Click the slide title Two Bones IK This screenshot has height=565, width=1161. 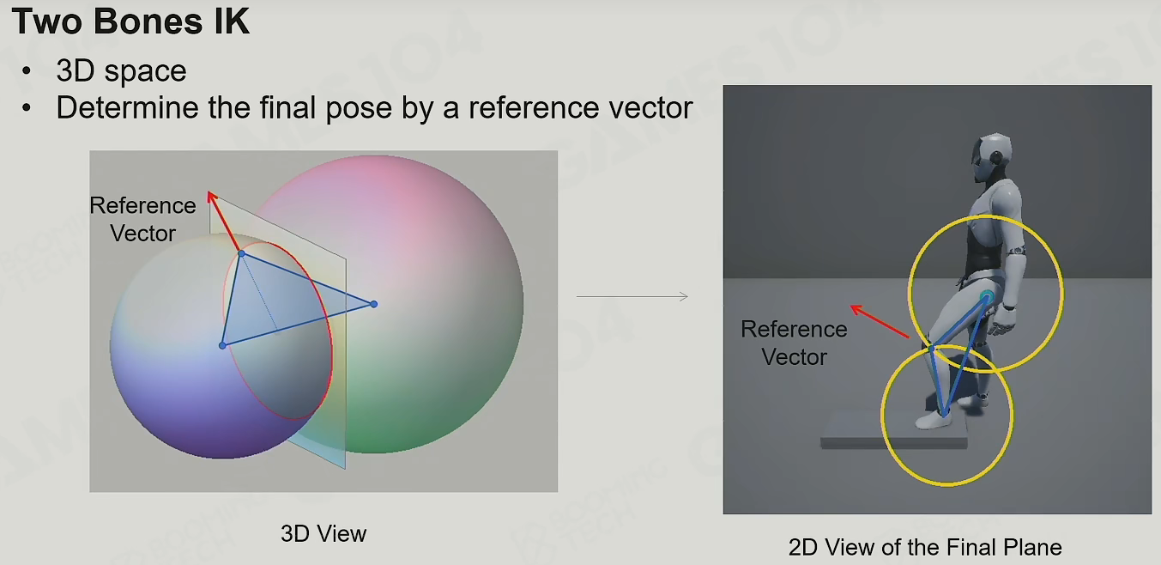tap(130, 21)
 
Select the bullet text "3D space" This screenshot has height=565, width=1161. tap(121, 70)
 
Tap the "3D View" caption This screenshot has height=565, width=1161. tap(324, 533)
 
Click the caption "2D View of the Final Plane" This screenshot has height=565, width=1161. tap(925, 547)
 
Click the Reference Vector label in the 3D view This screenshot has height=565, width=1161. tap(142, 219)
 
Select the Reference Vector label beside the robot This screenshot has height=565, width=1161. tap(794, 343)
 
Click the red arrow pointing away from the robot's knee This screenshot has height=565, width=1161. tap(880, 321)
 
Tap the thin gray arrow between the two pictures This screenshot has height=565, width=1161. tap(632, 296)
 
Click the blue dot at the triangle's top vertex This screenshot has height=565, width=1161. tap(241, 253)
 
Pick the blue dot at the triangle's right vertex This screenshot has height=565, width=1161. tap(373, 304)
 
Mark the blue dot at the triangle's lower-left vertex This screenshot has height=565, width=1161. tap(222, 345)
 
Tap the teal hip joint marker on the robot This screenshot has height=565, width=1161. tap(986, 297)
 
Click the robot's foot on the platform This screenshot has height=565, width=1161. tap(934, 419)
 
